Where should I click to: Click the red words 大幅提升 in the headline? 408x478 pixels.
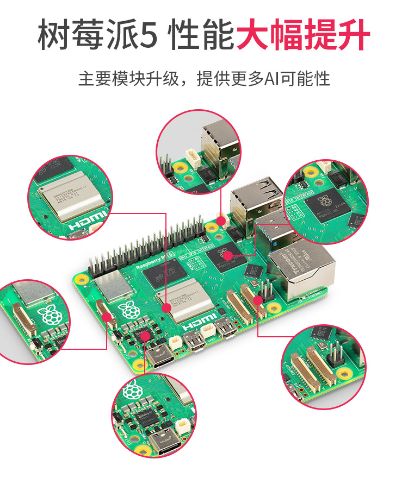point(303,35)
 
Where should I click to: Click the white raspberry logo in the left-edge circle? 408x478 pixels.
point(48,315)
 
